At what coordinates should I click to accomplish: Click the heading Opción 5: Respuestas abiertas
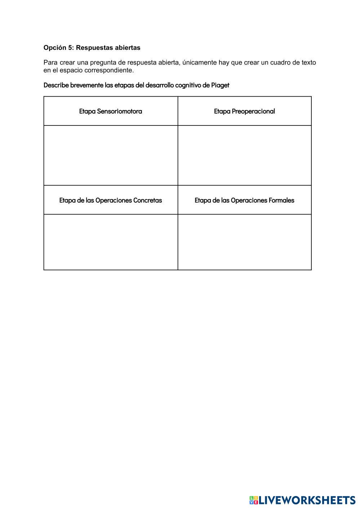(x=92, y=48)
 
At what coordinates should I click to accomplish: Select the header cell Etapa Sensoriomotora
(x=111, y=111)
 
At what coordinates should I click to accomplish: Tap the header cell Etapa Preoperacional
(x=244, y=111)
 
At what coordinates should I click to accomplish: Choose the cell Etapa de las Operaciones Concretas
(x=111, y=200)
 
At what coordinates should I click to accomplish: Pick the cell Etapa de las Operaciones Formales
(x=244, y=200)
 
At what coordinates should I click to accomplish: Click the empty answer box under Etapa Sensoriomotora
(x=111, y=155)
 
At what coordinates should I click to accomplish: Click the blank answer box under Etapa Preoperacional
(x=244, y=155)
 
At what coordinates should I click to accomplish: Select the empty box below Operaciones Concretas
(x=111, y=242)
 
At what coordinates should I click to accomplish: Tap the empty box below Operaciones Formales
(x=244, y=242)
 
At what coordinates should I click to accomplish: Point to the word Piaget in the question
(x=220, y=85)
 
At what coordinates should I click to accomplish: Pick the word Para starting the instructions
(x=50, y=62)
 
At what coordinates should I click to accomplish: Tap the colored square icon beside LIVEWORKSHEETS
(x=253, y=500)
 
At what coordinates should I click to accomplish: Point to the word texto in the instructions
(x=308, y=62)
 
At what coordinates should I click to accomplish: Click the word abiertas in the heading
(x=127, y=48)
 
